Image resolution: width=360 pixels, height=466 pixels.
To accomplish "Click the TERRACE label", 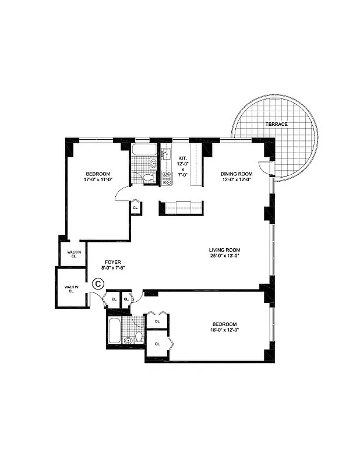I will coord(277,124).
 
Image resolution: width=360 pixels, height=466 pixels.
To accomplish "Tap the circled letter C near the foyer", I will coord(98,284).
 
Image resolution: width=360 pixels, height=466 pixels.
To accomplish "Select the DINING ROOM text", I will coord(236,174).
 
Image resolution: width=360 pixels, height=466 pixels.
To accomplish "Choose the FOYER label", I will coord(113,262).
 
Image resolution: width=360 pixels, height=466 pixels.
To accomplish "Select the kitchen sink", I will coord(165,155).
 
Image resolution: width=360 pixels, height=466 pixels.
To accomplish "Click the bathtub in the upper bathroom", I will coord(143,150).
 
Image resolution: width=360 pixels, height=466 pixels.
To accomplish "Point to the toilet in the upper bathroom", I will coord(150,178).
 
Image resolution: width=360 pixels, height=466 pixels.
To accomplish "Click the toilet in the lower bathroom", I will coord(139,337).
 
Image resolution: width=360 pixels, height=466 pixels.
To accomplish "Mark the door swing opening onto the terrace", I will coord(265,168).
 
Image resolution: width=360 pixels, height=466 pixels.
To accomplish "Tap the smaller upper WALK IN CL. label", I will coord(74,253).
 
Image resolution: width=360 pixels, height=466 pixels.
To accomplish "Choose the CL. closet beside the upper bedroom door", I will coord(135,207).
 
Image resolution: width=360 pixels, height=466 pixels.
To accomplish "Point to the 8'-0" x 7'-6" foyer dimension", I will coord(113,269).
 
